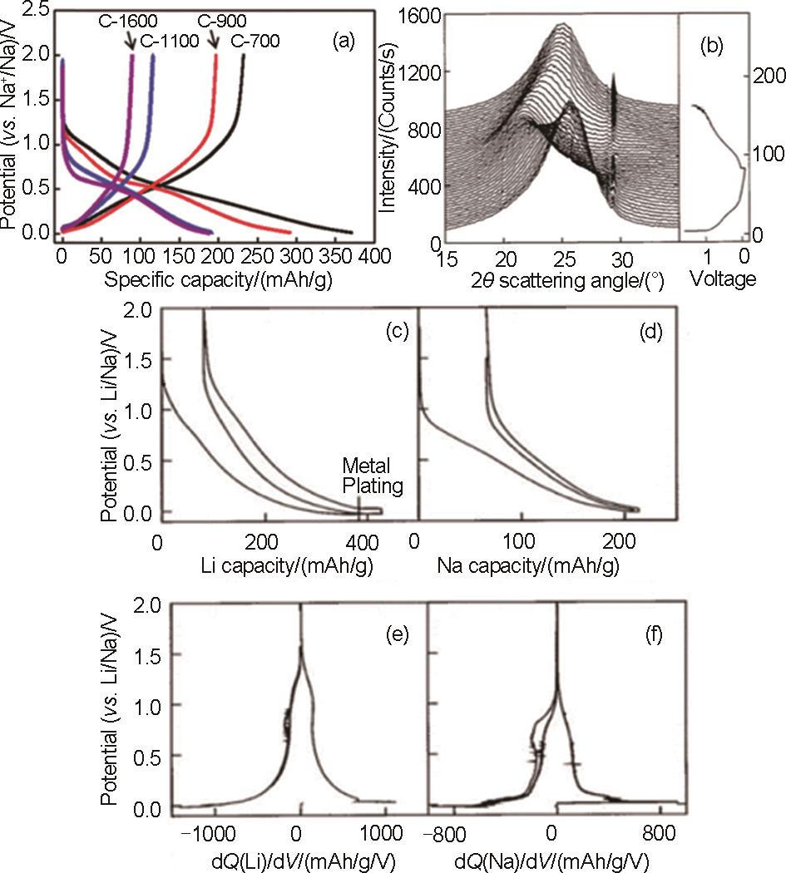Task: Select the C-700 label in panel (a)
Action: [x=255, y=40]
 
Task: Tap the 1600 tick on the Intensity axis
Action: [x=413, y=12]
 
